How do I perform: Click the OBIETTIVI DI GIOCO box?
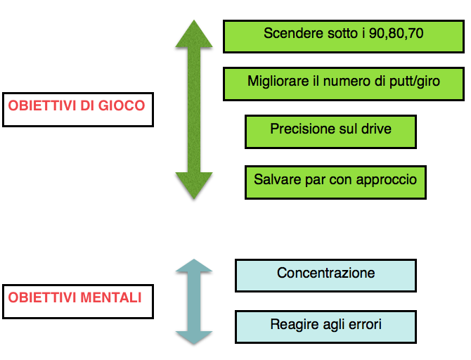78,110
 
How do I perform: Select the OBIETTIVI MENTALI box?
78,302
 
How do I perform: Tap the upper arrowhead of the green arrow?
194,34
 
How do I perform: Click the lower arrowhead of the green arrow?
194,186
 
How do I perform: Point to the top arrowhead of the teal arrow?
194,265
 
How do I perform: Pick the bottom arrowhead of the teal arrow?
194,337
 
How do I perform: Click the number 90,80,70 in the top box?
396,33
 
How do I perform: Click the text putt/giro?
415,82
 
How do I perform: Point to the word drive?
376,129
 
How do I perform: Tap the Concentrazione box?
325,275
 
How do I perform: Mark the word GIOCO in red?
122,105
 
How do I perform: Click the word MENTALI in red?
111,297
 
